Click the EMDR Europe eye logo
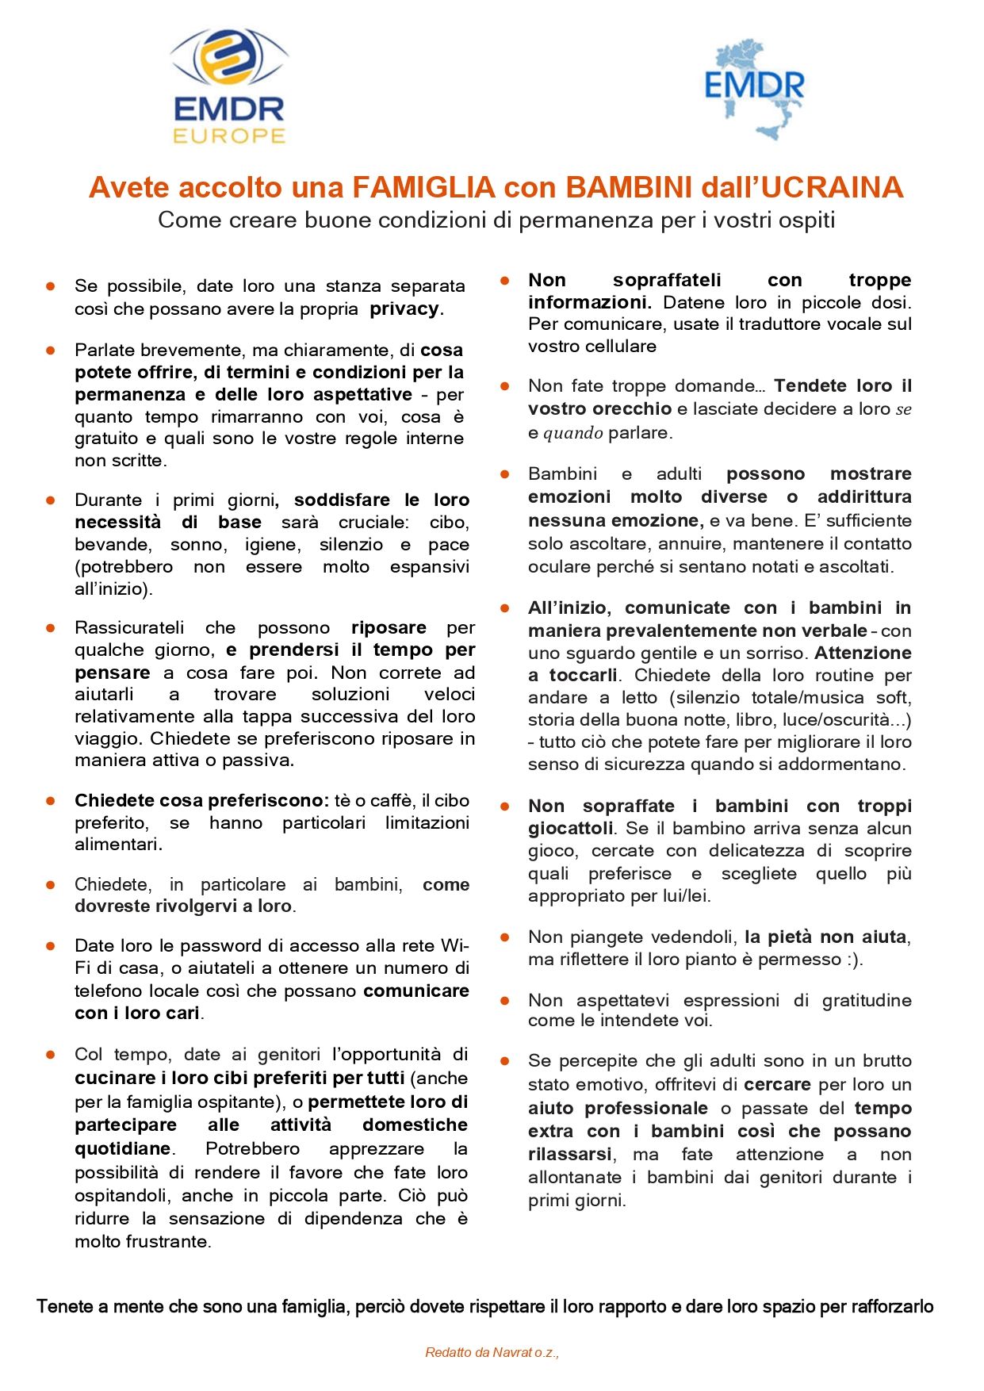tap(229, 60)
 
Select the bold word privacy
tap(404, 308)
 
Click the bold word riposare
tap(389, 628)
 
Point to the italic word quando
tap(573, 433)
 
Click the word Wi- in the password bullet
tap(454, 946)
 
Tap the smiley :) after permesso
tap(852, 960)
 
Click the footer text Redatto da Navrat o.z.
tap(492, 1352)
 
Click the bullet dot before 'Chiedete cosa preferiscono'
tap(51, 800)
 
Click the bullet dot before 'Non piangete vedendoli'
tap(504, 937)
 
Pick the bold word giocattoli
tap(571, 829)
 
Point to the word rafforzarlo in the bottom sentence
tap(892, 1307)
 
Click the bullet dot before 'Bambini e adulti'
tap(504, 474)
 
